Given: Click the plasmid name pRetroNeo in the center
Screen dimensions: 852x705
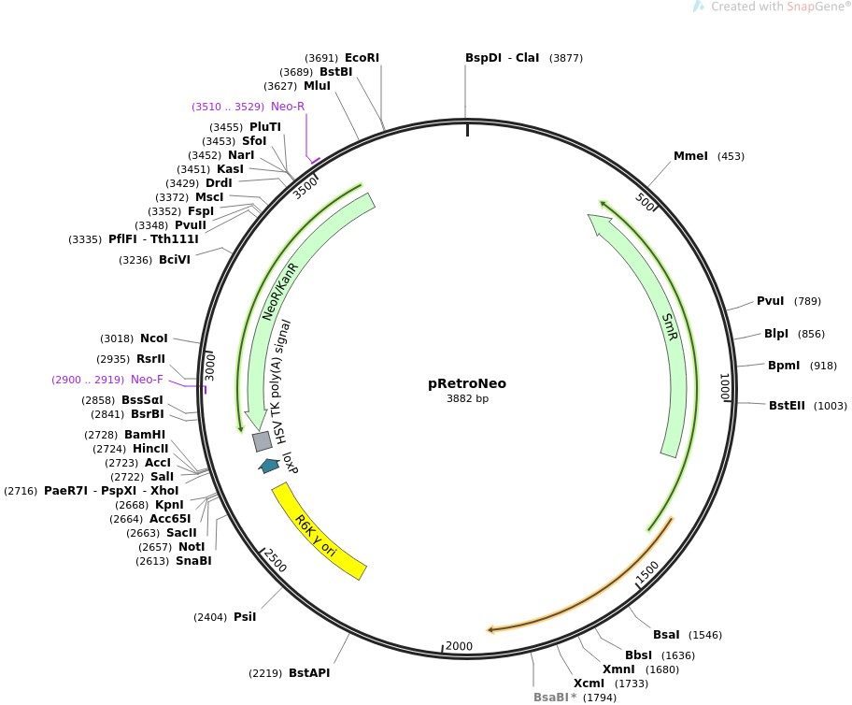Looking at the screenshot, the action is [x=467, y=383].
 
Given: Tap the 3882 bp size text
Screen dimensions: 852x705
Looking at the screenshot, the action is [x=467, y=398].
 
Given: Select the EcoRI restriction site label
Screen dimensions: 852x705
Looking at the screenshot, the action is [x=362, y=58].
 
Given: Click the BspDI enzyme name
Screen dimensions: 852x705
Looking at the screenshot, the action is [x=483, y=58].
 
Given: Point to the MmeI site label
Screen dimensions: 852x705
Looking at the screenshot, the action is [x=690, y=156].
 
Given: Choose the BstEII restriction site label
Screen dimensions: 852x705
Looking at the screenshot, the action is [x=787, y=405].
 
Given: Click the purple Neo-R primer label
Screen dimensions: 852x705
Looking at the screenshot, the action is [x=288, y=107].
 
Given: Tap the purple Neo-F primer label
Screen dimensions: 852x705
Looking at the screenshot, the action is [x=147, y=380].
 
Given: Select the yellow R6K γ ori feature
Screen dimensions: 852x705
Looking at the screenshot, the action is [x=319, y=532].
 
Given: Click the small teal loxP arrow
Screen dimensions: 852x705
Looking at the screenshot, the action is [x=268, y=466].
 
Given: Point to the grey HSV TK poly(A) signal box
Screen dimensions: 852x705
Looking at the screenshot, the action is [x=263, y=441].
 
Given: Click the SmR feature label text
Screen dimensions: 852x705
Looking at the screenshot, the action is [x=670, y=327].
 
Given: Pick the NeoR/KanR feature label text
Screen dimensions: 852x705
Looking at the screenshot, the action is [x=280, y=292].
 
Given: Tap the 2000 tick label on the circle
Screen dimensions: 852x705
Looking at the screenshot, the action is [x=459, y=646].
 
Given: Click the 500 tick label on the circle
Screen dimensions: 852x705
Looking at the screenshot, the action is [x=645, y=202].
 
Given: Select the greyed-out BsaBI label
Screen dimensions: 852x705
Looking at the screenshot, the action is [x=551, y=698].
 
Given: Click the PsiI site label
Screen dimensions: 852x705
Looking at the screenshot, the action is [x=245, y=617].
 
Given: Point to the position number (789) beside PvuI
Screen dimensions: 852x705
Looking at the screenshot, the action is [x=807, y=301].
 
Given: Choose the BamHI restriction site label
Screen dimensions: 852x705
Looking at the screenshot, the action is [x=145, y=435].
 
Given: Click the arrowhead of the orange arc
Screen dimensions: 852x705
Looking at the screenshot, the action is [x=490, y=630].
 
